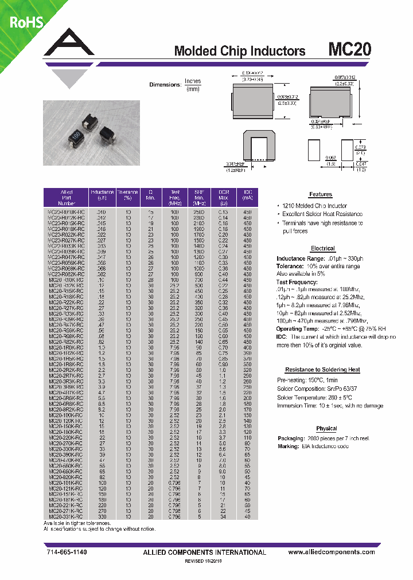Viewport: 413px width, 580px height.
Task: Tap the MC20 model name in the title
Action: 349,50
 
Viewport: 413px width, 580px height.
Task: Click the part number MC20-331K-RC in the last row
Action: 66,516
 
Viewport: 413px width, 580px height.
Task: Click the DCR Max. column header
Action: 224,197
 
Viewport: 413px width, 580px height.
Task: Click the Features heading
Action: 321,195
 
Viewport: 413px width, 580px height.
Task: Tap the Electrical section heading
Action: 322,248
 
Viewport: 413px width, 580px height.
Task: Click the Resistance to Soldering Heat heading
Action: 322,370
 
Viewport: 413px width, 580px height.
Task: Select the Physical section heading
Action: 326,429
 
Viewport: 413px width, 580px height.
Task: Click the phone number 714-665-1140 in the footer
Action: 68,552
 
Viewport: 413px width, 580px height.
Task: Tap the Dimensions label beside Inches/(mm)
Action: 165,85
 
